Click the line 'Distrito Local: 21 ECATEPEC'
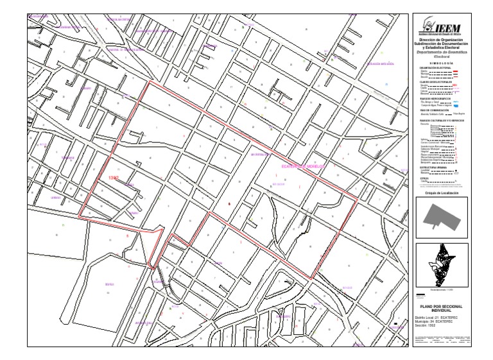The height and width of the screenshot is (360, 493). (436, 318)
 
